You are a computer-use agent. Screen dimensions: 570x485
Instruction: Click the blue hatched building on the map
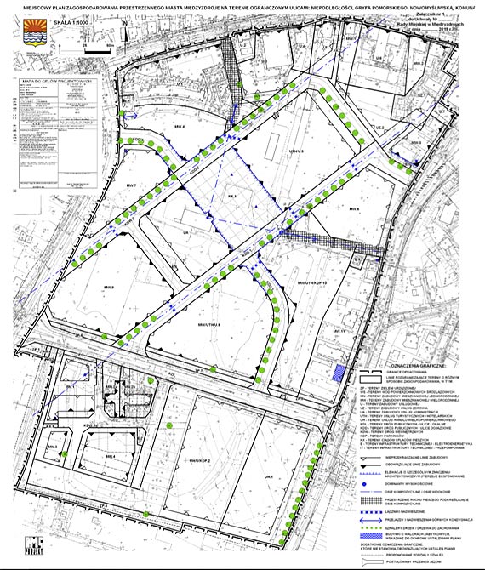340,372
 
